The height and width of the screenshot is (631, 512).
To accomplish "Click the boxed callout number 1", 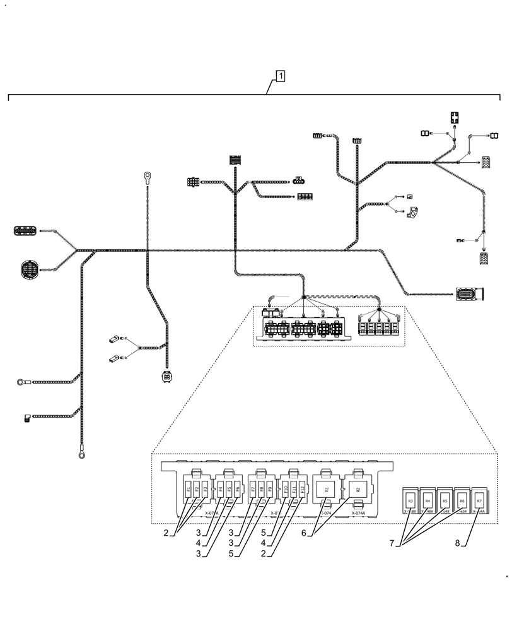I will [x=280, y=76].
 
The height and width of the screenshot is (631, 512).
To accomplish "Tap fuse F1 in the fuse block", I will [x=189, y=489].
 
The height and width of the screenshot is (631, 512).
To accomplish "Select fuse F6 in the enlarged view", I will [x=237, y=489].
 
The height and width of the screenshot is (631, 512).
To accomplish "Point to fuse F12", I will [x=302, y=489].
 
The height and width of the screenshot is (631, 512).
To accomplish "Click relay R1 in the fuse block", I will [x=327, y=489].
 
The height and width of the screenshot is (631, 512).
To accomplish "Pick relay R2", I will [x=358, y=489].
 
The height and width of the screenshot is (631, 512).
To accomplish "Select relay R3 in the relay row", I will [x=410, y=500].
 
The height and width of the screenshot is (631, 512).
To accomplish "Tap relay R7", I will [x=480, y=500].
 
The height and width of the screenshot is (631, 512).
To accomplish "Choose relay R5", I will [x=445, y=500].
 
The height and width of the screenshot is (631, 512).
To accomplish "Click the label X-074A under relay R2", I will [x=358, y=514].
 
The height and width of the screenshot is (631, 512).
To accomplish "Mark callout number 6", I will [x=304, y=533].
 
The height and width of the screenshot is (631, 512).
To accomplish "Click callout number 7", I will [x=392, y=542].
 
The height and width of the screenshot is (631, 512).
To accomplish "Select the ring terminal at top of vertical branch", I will [x=147, y=176].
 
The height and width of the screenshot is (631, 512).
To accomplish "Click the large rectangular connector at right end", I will [x=469, y=293].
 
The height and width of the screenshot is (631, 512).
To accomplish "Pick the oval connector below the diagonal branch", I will [x=166, y=377].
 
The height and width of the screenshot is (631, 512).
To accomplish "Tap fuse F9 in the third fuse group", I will [x=270, y=489].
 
